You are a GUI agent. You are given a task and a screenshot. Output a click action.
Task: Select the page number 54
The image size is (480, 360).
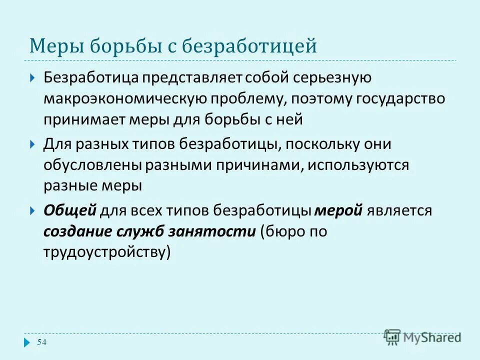[42, 342]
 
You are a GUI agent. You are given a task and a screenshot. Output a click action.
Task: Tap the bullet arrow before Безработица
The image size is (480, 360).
[32, 78]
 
